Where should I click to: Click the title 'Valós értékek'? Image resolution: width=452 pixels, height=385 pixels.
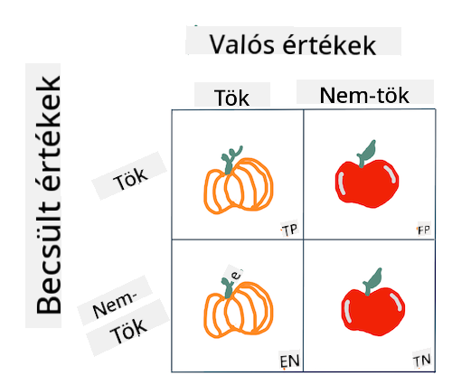pyautogui.click(x=293, y=44)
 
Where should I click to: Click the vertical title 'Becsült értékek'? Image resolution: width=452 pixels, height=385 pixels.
pyautogui.click(x=49, y=195)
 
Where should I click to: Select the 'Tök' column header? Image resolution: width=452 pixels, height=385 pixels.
pyautogui.click(x=232, y=98)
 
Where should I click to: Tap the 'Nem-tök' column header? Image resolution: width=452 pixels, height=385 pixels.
pyautogui.click(x=364, y=95)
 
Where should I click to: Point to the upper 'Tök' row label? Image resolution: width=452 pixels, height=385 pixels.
pyautogui.click(x=130, y=179)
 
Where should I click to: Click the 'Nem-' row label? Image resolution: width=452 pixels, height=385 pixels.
pyautogui.click(x=115, y=305)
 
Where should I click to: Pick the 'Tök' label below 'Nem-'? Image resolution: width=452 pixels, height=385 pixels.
pyautogui.click(x=128, y=331)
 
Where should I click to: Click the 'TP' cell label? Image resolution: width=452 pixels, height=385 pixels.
pyautogui.click(x=289, y=230)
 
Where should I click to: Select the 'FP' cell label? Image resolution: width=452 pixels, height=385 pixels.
pyautogui.click(x=424, y=230)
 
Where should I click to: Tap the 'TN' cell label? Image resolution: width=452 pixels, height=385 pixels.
pyautogui.click(x=422, y=361)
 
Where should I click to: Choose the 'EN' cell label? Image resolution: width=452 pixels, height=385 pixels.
pyautogui.click(x=289, y=362)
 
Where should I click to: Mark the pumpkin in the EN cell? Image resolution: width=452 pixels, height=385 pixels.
pyautogui.click(x=239, y=307)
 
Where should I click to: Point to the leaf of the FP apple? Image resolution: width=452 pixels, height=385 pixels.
pyautogui.click(x=367, y=153)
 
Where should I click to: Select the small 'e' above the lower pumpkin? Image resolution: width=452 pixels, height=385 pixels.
pyautogui.click(x=236, y=275)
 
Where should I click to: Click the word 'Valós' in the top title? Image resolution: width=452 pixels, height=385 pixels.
pyautogui.click(x=242, y=44)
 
